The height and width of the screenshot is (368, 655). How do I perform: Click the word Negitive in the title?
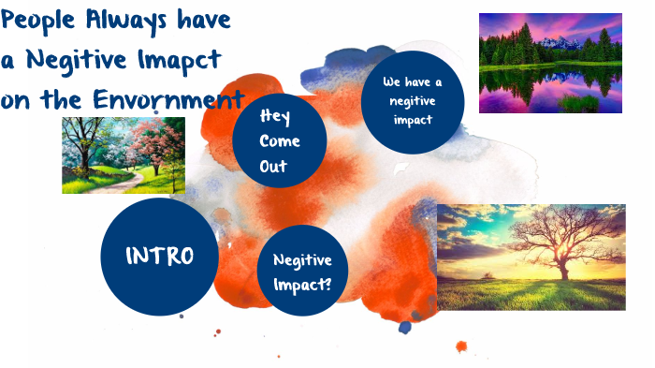coord(77,60)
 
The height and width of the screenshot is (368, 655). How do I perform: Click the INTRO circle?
coord(159,256)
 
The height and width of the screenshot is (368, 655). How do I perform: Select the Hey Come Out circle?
coord(280,141)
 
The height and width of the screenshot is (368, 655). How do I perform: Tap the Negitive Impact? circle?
coord(302,271)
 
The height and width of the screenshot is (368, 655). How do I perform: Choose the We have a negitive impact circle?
coord(412,101)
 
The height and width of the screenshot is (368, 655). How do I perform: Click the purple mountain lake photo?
coord(550,63)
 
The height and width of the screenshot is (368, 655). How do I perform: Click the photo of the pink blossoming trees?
coord(123,155)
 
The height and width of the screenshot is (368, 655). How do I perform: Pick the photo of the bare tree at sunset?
coord(531,257)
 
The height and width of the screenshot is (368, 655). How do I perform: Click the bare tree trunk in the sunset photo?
coord(563,267)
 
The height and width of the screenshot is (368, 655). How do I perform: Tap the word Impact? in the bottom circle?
coord(302,281)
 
